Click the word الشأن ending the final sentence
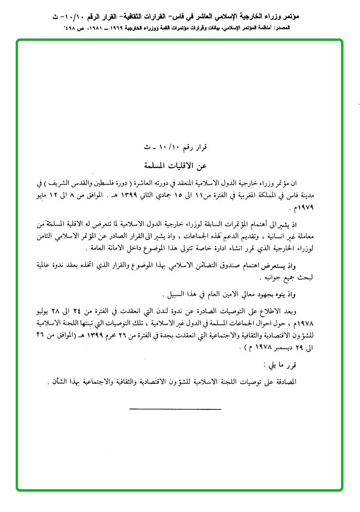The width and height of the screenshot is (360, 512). pyautogui.click(x=58, y=383)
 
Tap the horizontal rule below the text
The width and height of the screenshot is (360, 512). pyautogui.click(x=161, y=408)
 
